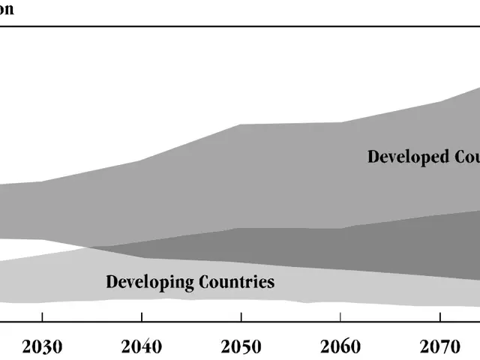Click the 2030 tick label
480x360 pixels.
coord(43,346)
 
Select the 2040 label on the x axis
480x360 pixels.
coord(142,346)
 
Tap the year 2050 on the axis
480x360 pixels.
coord(241,346)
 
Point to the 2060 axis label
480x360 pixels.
coord(340,346)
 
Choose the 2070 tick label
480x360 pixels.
coord(439,346)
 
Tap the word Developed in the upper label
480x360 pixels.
coord(408,157)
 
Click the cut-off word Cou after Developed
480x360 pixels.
coord(466,157)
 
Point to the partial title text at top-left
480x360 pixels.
coord(7,10)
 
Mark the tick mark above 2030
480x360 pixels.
coord(43,317)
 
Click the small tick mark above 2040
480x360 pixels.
coord(142,317)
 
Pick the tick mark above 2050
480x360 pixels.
coord(241,317)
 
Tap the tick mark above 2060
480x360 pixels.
coord(340,317)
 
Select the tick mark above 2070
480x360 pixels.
coord(439,317)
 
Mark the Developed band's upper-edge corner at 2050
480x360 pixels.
coord(240,124)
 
